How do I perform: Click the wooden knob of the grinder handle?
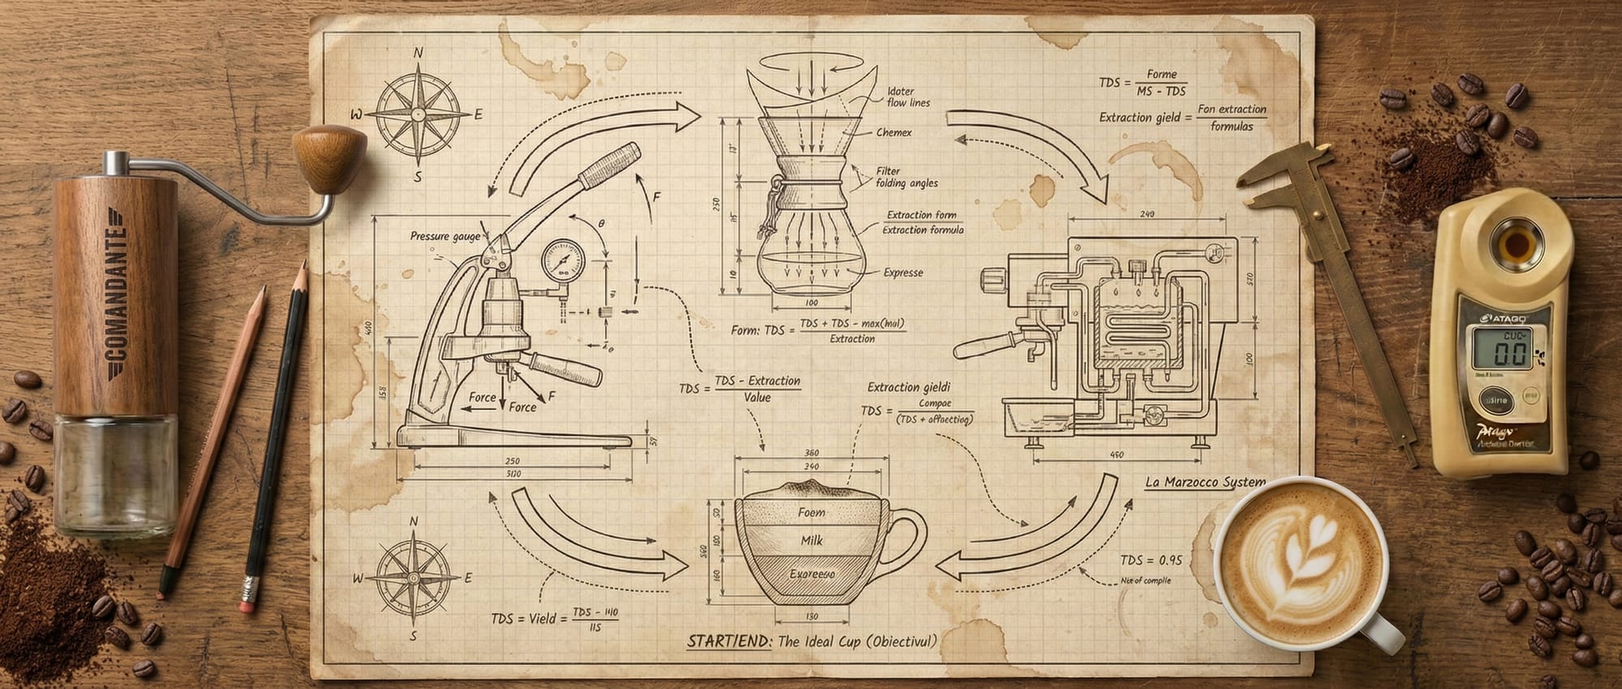click(329, 156)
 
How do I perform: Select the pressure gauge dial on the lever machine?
click(562, 261)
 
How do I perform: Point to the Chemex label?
click(894, 132)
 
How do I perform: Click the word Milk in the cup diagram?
click(812, 540)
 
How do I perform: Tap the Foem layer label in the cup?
click(811, 512)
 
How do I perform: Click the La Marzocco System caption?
click(1204, 482)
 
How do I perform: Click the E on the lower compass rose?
click(468, 578)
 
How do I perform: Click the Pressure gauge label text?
click(445, 236)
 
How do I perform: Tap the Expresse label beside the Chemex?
click(903, 273)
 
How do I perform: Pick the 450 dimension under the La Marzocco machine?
click(1117, 455)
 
